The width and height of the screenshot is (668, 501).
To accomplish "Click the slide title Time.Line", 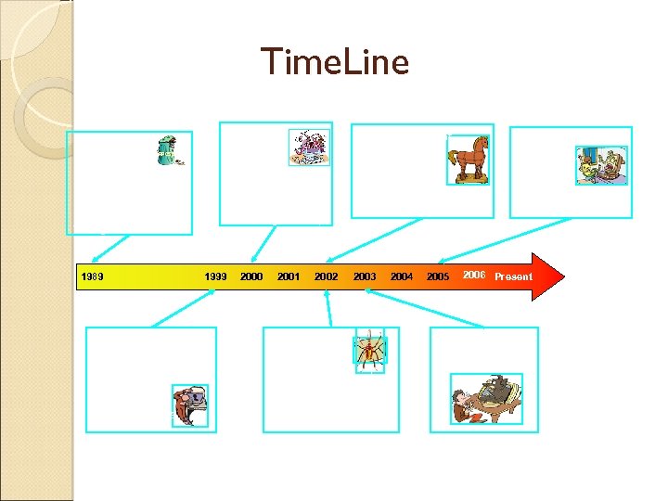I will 334,62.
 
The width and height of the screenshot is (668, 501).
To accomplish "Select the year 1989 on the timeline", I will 93,276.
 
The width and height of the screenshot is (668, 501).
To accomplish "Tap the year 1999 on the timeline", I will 215,276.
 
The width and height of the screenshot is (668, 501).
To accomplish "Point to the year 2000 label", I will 251,276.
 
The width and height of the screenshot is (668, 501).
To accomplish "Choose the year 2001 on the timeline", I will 289,276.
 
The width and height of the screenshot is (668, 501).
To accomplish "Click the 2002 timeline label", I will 326,276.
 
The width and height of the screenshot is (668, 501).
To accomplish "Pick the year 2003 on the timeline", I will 365,276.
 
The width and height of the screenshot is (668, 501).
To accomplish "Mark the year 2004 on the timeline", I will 402,276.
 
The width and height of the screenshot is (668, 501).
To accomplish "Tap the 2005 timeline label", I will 438,276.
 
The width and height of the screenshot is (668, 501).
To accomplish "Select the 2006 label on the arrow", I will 474,275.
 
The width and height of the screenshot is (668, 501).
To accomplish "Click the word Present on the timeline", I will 513,276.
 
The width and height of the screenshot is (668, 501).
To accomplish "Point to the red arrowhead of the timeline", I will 547,276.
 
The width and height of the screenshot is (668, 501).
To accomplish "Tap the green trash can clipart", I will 169,149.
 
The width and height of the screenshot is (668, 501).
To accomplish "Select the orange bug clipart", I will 369,351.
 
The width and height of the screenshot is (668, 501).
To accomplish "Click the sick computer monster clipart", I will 189,406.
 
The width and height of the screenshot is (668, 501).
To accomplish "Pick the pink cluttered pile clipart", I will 309,148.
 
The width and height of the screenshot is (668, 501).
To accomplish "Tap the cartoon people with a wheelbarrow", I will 601,165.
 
